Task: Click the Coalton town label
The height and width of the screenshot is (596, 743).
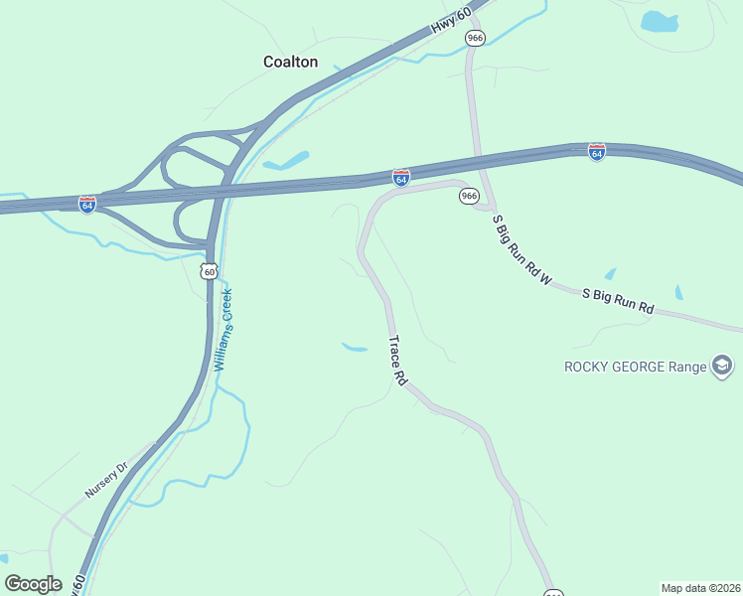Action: pyautogui.click(x=290, y=62)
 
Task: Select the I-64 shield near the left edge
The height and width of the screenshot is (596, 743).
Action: pyautogui.click(x=87, y=204)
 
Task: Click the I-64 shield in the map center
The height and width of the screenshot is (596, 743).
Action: pyautogui.click(x=400, y=178)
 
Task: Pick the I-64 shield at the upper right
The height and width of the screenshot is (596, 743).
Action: pyautogui.click(x=596, y=152)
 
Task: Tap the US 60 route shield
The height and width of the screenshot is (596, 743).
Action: pyautogui.click(x=208, y=271)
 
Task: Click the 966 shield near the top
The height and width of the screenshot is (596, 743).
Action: pyautogui.click(x=475, y=38)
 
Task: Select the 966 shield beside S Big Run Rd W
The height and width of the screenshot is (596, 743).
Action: pyautogui.click(x=470, y=196)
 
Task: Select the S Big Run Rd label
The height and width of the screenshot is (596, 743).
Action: pyautogui.click(x=617, y=301)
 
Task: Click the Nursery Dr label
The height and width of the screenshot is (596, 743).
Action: pyautogui.click(x=107, y=480)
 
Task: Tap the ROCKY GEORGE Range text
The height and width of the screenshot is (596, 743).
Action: pyautogui.click(x=636, y=367)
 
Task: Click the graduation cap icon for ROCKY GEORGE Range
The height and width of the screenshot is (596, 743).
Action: pyautogui.click(x=723, y=368)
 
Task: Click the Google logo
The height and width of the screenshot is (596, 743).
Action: pyautogui.click(x=33, y=583)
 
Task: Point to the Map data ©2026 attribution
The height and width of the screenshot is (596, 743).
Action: pyautogui.click(x=700, y=588)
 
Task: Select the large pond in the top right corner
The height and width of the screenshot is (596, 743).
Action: pyautogui.click(x=660, y=21)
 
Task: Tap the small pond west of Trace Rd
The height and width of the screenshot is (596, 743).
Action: pyautogui.click(x=355, y=347)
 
